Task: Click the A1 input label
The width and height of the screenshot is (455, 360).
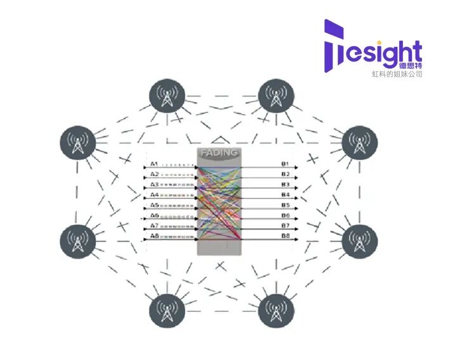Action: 153,164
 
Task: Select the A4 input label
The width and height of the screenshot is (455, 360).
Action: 153,195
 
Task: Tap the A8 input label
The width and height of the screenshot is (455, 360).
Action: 153,236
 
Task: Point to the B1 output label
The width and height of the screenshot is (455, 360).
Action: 285,164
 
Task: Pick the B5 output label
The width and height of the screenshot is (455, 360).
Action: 285,205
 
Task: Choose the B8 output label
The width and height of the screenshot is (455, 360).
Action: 285,236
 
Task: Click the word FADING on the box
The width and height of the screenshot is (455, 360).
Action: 219,153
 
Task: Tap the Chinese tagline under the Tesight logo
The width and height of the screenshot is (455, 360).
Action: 397,74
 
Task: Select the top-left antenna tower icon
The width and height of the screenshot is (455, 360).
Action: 167,96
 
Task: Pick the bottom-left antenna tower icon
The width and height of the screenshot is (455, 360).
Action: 167,311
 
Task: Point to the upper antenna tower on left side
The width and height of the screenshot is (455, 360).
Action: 77,144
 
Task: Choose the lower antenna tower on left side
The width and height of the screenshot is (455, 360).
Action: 77,241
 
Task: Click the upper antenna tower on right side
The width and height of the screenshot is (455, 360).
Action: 360,144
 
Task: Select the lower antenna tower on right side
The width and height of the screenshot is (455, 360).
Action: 360,241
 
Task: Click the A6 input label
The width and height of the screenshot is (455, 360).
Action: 153,215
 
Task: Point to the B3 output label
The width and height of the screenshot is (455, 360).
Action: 285,184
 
